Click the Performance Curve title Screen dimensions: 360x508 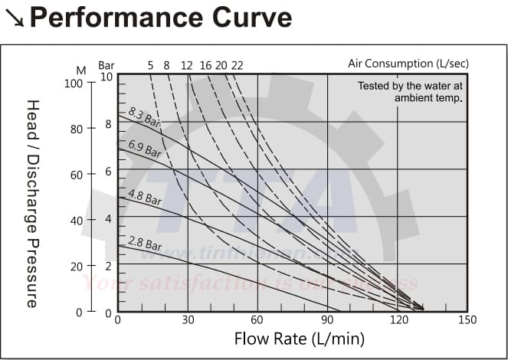pyautogui.click(x=160, y=17)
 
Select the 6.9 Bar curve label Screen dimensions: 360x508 pyautogui.click(x=144, y=149)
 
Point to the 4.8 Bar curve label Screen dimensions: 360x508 pyautogui.click(x=144, y=198)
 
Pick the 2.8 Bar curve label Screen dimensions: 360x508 pyautogui.click(x=144, y=244)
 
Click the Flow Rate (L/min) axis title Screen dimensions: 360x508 pyautogui.click(x=288, y=338)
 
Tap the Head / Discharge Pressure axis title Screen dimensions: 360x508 pyautogui.click(x=32, y=203)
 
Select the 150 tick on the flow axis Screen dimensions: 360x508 pyautogui.click(x=467, y=319)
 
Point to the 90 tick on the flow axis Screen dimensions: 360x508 pyautogui.click(x=327, y=319)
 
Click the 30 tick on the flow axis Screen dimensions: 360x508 pyautogui.click(x=188, y=319)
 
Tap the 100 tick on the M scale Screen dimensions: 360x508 pyautogui.click(x=74, y=83)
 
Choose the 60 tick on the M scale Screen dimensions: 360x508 pyautogui.click(x=77, y=175)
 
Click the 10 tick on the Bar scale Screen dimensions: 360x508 pyautogui.click(x=107, y=77)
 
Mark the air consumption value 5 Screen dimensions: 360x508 pyautogui.click(x=150, y=65)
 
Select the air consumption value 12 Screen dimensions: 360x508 pyautogui.click(x=186, y=65)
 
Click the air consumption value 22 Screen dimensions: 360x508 pyautogui.click(x=237, y=65)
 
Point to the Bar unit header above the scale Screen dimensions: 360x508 pyautogui.click(x=106, y=65)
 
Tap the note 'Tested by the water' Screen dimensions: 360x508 pyautogui.click(x=411, y=86)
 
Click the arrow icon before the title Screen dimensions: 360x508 pyautogui.click(x=14, y=18)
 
